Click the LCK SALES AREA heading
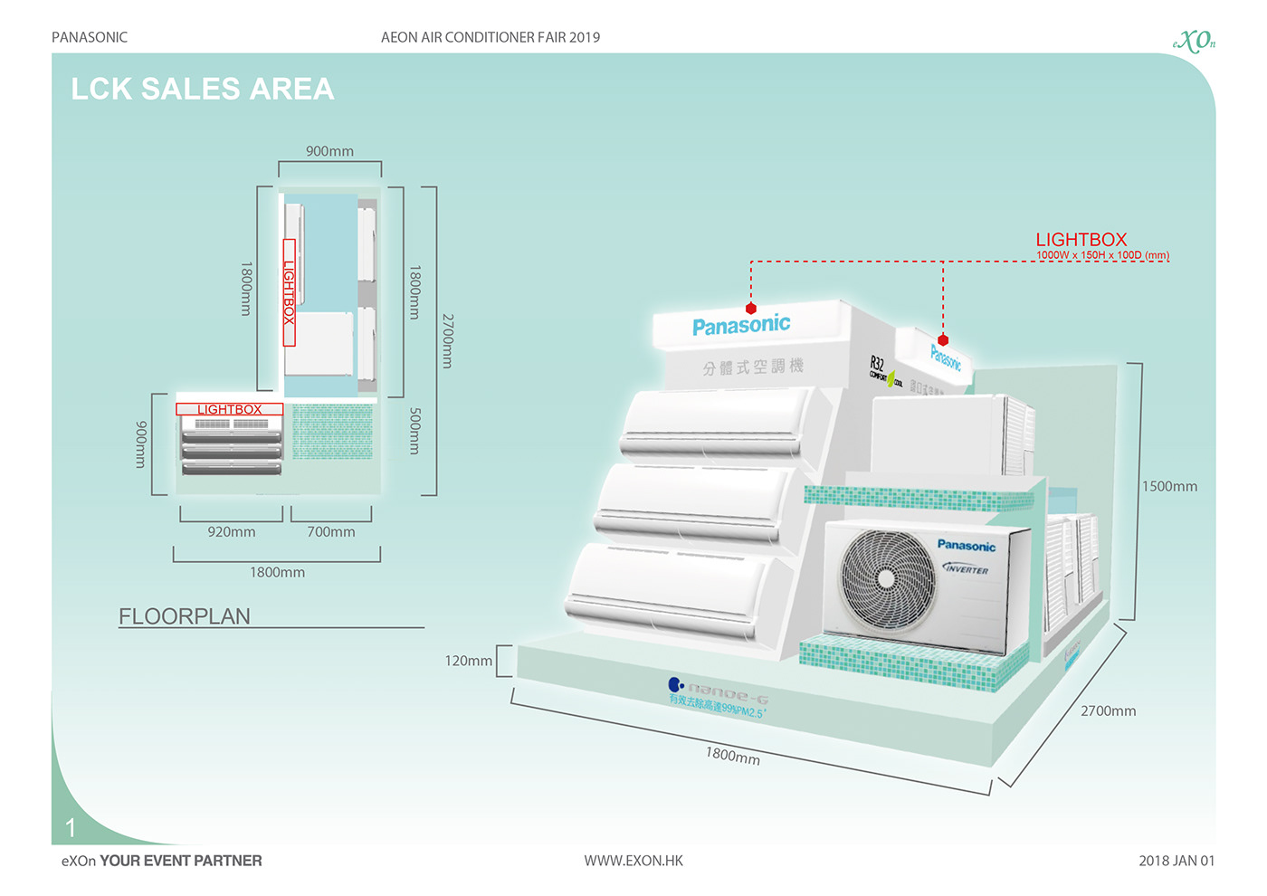(x=203, y=89)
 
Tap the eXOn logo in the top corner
(x=1194, y=41)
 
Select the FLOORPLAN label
(x=185, y=616)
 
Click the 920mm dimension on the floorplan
(x=232, y=532)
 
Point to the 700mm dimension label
(x=331, y=532)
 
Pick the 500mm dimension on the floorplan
(x=414, y=431)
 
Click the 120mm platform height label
(x=469, y=661)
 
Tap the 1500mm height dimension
(x=1169, y=486)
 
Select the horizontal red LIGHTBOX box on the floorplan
(x=230, y=409)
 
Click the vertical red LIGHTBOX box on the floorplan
(x=290, y=292)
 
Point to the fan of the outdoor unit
(x=887, y=577)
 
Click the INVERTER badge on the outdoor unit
(x=966, y=569)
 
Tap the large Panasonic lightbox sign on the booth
(x=741, y=325)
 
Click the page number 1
(x=71, y=827)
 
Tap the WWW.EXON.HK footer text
(x=633, y=861)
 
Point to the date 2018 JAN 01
(x=1176, y=861)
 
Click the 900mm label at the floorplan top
(x=329, y=151)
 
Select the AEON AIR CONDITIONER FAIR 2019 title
(x=491, y=37)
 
